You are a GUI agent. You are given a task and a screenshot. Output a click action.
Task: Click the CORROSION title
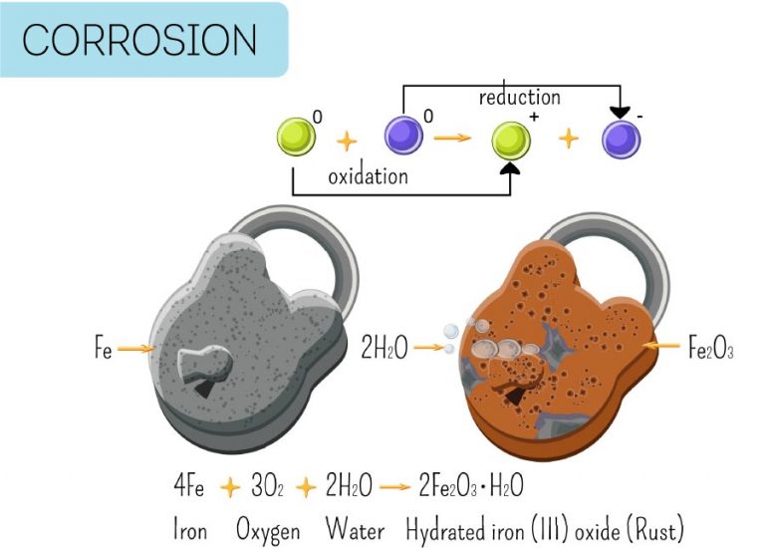(x=139, y=40)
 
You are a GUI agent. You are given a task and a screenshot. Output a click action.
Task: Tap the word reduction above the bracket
(x=519, y=98)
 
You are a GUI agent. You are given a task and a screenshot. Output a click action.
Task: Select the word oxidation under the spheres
(x=368, y=175)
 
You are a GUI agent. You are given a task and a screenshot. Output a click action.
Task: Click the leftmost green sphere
(x=294, y=137)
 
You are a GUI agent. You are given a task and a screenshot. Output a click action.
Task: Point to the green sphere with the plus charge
(x=512, y=138)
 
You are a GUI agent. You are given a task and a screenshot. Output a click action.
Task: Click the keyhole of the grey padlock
(x=206, y=370)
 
